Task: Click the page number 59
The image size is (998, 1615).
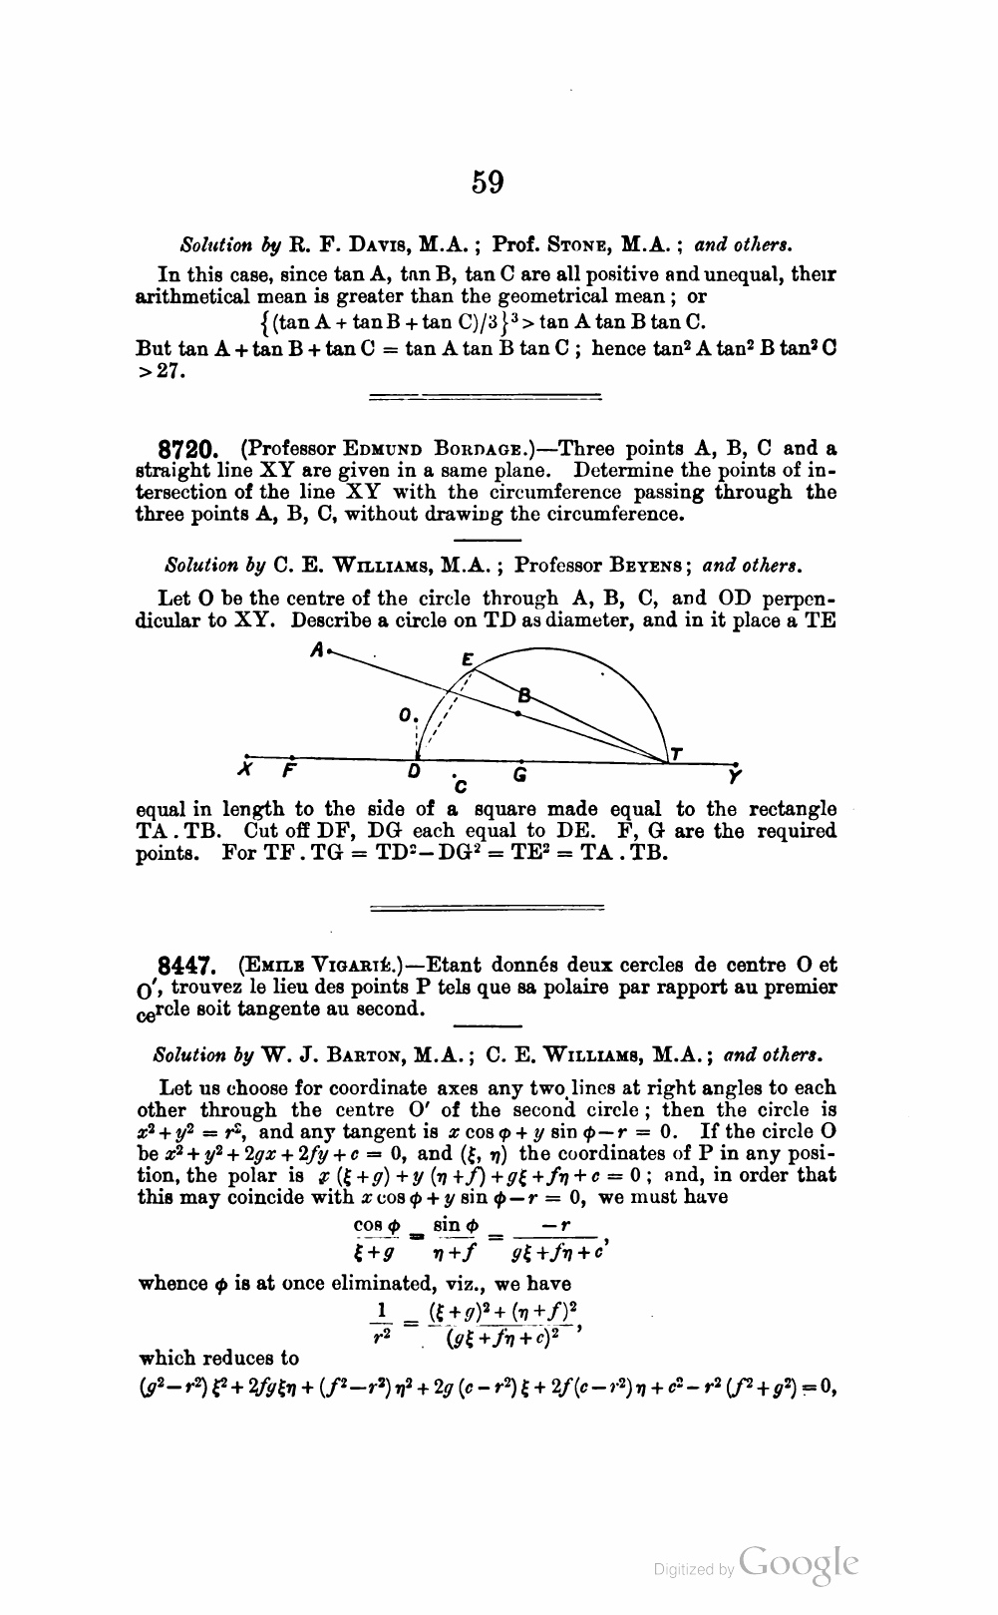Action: click(488, 183)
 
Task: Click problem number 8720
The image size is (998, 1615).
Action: click(189, 450)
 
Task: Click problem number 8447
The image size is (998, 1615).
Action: click(188, 966)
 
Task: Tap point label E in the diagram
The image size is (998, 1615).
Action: click(467, 658)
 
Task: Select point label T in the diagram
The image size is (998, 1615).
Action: click(677, 753)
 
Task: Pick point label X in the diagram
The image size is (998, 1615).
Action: click(244, 771)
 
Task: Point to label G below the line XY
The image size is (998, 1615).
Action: click(519, 774)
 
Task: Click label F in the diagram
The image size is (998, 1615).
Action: click(289, 771)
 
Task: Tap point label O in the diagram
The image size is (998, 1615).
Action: click(404, 715)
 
